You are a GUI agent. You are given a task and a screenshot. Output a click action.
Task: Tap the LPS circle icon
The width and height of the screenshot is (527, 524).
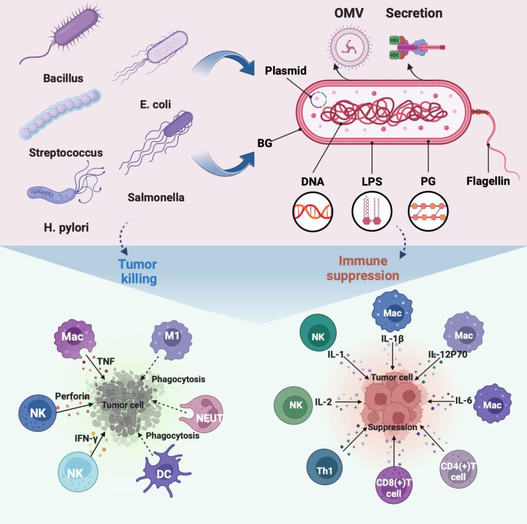coord(372,211)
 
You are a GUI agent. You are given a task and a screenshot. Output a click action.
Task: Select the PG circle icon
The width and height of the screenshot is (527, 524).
coord(427,211)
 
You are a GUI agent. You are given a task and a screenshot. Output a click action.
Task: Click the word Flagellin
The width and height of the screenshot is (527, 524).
coord(488,181)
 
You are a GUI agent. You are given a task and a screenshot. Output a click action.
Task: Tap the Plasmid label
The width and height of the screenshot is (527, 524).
coord(286,70)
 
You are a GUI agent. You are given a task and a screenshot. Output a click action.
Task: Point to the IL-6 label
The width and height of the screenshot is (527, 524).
coord(464,400)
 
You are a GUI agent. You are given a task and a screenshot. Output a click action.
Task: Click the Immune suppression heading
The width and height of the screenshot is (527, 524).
coord(370,269)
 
